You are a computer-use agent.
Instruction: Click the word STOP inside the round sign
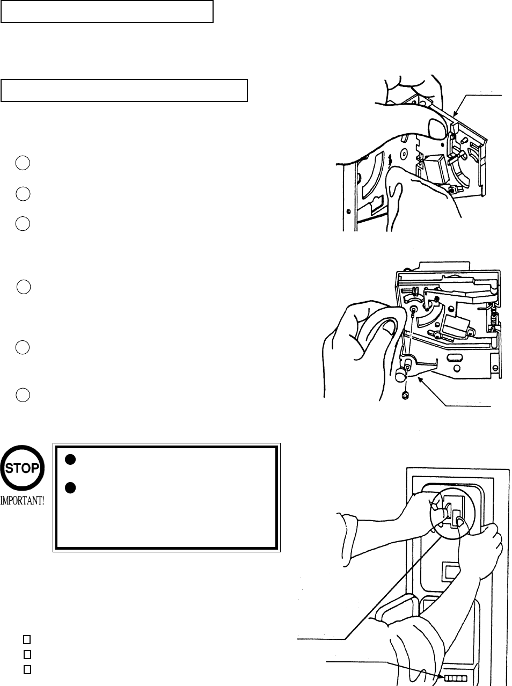click(22, 467)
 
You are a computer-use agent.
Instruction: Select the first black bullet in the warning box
click(69, 459)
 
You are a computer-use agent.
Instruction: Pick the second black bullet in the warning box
click(69, 488)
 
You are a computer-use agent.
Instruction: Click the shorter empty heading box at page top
click(107, 11)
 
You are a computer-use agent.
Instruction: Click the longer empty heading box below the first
click(124, 90)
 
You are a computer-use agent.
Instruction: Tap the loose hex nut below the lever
click(405, 396)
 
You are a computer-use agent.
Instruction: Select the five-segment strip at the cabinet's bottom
click(451, 678)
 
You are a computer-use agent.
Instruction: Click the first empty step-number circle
click(22, 163)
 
